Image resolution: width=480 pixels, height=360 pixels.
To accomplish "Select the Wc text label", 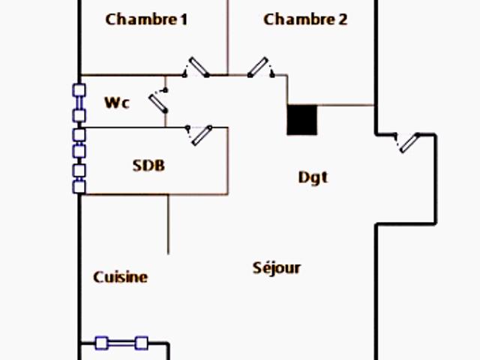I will pos(116,103).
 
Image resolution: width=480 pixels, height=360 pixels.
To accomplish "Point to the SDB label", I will pos(148,166).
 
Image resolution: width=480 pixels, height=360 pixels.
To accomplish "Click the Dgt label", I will pos(313,178).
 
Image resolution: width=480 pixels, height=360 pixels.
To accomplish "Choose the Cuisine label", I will pos(120,277).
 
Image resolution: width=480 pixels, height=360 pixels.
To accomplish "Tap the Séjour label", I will pos(277,268).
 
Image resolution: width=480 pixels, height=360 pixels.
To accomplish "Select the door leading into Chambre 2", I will pos(259,67).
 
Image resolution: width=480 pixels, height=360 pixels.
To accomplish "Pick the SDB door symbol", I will pos(201,134).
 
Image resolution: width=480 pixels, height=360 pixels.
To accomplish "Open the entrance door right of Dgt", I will pos(409,142).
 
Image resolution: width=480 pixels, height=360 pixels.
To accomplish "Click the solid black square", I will pos(302,120).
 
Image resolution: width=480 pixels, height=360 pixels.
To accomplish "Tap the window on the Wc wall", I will pos(79,103).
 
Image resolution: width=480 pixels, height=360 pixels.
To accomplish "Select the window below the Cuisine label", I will pos(121,343).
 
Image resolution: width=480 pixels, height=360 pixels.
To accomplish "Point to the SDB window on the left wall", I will pos(79,161).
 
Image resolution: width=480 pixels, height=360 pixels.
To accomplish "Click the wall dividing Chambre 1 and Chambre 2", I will pos(227,37).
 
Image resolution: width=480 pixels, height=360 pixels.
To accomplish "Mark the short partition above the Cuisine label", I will pos(167,223).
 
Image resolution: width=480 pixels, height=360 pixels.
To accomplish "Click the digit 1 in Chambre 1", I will pos(182,19).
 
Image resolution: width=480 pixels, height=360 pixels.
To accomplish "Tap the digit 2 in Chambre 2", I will pos(342,19).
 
